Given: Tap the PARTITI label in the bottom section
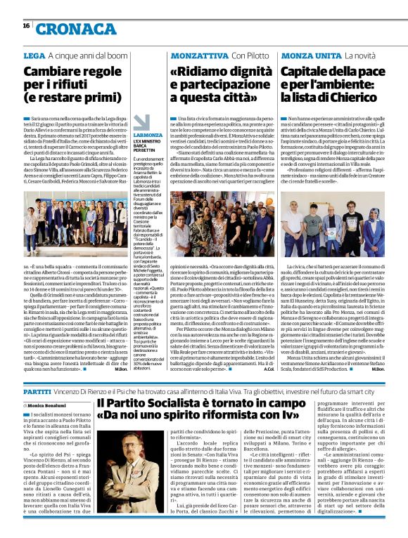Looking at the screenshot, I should click(37, 389).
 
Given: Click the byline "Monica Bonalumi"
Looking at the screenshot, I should click(49, 405).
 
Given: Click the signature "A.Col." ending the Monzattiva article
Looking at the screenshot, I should click(268, 369).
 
